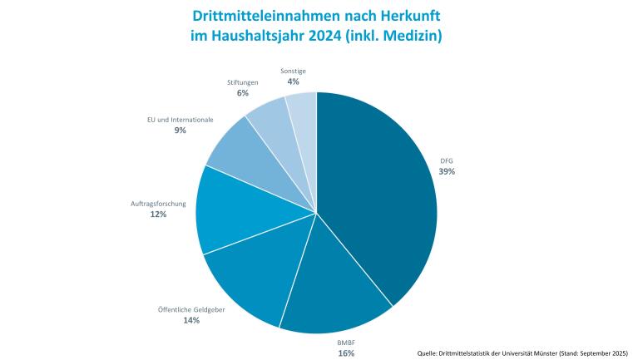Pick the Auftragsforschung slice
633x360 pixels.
[233, 212]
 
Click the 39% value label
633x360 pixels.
[447, 171]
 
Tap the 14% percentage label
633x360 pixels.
[191, 320]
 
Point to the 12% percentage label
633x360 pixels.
[158, 214]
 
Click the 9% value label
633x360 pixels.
[180, 131]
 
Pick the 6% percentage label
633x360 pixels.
[243, 93]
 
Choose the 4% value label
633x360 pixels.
[293, 81]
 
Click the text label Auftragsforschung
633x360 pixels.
[158, 203]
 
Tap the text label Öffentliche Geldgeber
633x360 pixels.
[191, 309]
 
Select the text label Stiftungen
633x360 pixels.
[243, 82]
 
